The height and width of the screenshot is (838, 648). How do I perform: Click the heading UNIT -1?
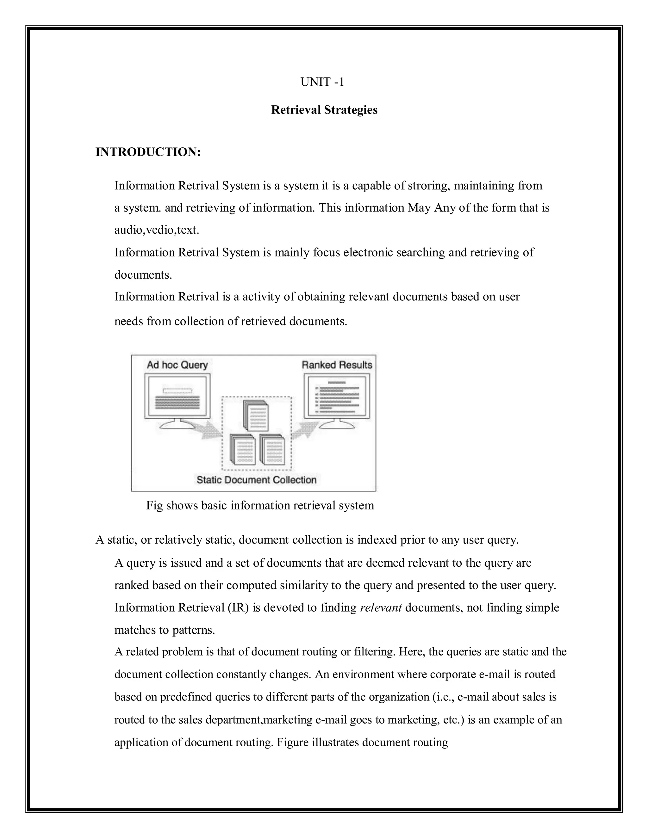coord(322,82)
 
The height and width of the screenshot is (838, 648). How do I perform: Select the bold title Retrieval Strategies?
coord(324,110)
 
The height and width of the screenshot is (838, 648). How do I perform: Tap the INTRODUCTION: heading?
coord(148,152)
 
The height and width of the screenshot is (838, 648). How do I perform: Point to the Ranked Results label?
coord(337,365)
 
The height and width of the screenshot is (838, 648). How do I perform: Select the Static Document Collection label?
coord(256,480)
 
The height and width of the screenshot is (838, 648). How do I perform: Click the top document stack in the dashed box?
coord(256,416)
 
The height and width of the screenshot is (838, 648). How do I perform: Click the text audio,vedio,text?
coord(157,230)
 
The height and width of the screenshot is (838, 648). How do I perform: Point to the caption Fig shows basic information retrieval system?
coord(260,505)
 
